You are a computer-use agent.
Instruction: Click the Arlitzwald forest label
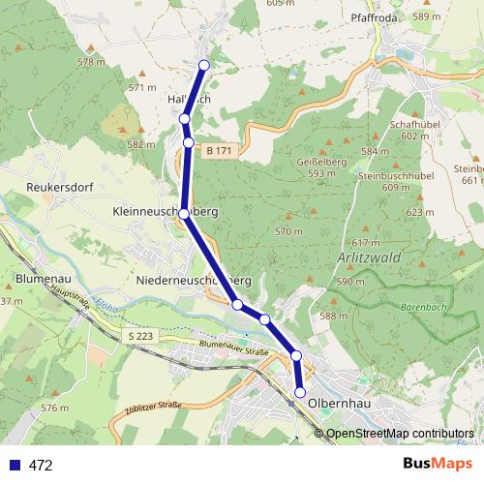pyautogui.click(x=369, y=259)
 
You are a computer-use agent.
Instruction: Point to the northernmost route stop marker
pyautogui.click(x=203, y=65)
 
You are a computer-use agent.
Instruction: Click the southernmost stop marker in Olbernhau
pyautogui.click(x=300, y=392)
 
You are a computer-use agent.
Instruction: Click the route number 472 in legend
pyautogui.click(x=41, y=465)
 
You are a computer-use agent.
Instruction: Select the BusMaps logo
pyautogui.click(x=438, y=464)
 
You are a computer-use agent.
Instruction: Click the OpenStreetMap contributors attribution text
pyautogui.click(x=400, y=434)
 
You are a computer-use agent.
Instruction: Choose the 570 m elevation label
pyautogui.click(x=289, y=232)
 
